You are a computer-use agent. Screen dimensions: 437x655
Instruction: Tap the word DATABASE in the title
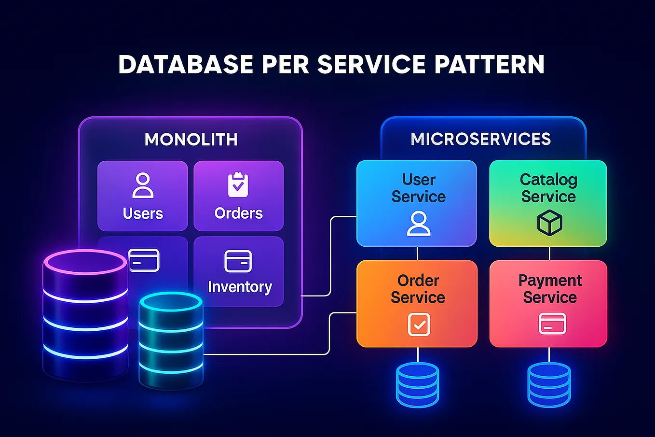(186, 65)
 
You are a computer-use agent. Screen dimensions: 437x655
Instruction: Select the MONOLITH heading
(191, 140)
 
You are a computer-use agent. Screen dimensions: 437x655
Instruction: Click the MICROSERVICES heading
(480, 139)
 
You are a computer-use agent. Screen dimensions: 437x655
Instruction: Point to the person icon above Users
(143, 185)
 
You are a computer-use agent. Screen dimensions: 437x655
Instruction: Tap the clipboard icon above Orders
(238, 184)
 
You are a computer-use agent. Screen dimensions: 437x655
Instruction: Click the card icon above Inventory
(238, 261)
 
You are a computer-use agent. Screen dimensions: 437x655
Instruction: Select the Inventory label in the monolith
(240, 287)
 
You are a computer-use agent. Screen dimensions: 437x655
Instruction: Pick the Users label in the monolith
(143, 213)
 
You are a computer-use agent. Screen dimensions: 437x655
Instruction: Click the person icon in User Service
(418, 224)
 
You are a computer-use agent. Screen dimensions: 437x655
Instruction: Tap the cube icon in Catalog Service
(549, 223)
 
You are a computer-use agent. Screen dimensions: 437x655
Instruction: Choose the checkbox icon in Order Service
(419, 324)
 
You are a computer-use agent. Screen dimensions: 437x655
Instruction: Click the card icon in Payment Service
(552, 324)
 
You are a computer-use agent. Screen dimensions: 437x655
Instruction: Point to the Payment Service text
(550, 289)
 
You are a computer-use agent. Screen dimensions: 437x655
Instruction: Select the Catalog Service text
(548, 188)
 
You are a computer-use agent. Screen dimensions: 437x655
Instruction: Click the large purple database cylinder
(85, 314)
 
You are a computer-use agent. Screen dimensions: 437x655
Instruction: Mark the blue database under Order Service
(418, 384)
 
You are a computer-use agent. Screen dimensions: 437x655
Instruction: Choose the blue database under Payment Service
(549, 384)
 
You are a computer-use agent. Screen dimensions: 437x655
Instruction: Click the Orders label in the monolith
(238, 213)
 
